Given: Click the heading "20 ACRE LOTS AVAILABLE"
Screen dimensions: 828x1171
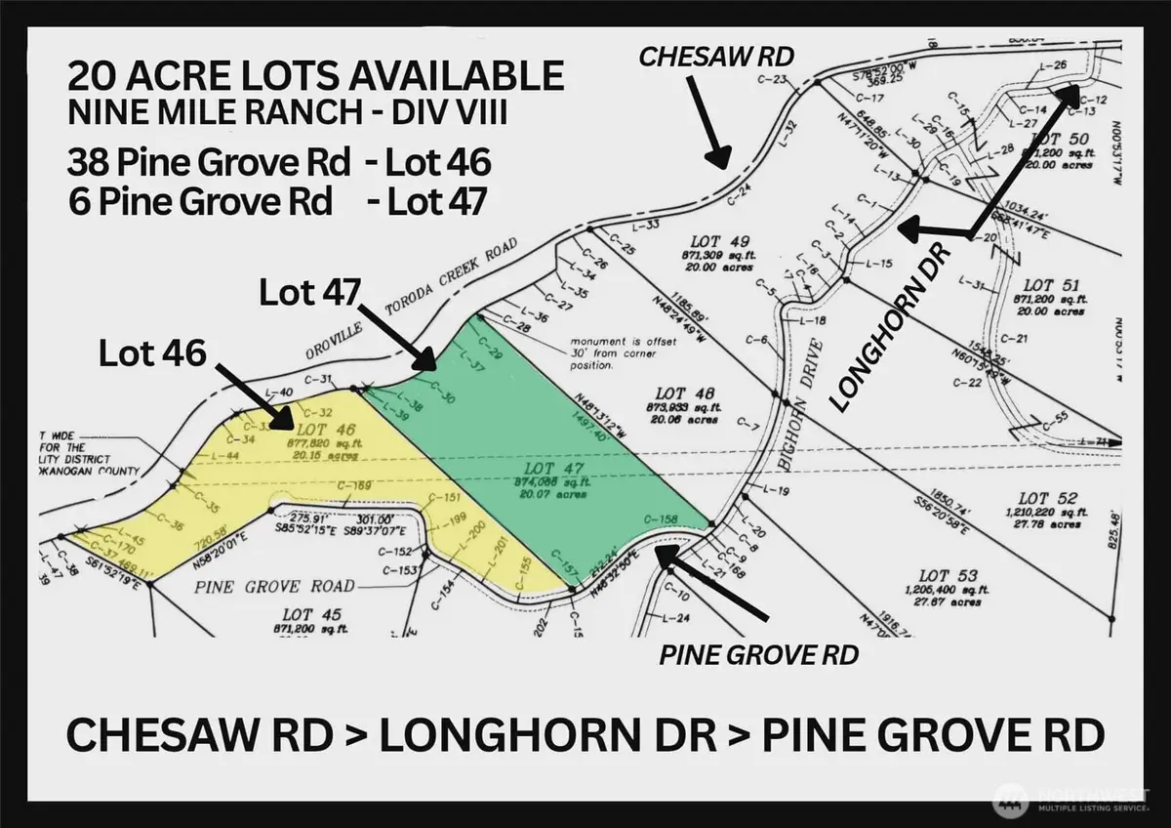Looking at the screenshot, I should click(316, 76).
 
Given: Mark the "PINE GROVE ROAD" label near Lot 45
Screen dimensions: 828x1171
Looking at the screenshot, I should click(274, 586).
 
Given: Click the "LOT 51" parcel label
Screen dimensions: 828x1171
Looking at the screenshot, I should click(1050, 285).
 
